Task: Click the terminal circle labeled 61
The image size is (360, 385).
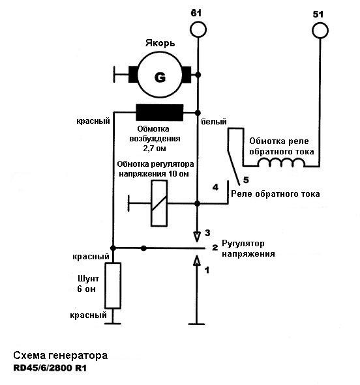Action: [198, 29]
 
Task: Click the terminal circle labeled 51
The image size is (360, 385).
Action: [320, 31]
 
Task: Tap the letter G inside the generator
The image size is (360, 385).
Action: [160, 78]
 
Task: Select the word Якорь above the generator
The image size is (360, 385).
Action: [160, 44]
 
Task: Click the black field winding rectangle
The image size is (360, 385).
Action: [160, 113]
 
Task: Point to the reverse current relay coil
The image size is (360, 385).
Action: [281, 162]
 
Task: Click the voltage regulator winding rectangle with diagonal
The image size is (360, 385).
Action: [159, 203]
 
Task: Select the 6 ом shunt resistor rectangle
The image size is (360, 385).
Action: [113, 285]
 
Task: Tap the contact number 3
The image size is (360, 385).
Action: [207, 233]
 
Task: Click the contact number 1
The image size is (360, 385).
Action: [207, 270]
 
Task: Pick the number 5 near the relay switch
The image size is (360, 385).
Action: [246, 180]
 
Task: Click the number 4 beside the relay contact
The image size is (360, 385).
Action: [215, 188]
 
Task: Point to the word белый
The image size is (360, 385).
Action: [213, 122]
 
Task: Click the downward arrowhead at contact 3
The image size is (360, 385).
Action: [196, 237]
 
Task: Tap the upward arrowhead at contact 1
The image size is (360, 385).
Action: [196, 261]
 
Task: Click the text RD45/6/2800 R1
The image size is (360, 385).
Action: [50, 368]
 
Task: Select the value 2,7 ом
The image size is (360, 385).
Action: [155, 149]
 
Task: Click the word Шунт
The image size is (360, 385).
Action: [88, 279]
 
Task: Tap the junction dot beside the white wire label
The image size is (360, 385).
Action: [198, 113]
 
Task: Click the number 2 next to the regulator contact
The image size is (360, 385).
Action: [215, 248]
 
